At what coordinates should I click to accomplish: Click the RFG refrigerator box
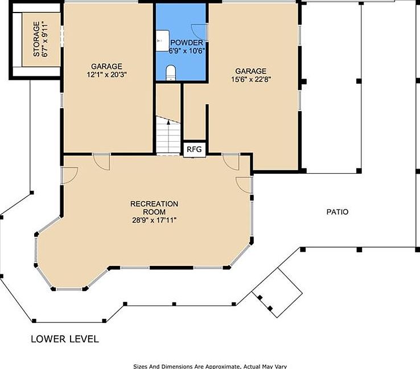194,149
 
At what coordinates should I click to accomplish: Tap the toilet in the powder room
171,73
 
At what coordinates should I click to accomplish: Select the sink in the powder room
163,40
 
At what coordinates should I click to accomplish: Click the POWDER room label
187,43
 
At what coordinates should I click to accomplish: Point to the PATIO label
337,212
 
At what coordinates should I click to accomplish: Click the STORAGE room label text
36,39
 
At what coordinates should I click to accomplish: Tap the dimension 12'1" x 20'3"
106,75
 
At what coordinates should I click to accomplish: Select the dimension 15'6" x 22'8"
251,79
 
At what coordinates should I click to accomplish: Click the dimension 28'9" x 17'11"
154,220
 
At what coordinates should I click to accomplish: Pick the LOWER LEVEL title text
65,339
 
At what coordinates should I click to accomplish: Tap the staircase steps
168,136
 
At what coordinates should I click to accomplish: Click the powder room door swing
199,32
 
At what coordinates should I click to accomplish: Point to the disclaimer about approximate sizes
210,366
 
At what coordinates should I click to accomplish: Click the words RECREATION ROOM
154,208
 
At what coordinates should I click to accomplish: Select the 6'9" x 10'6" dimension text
187,51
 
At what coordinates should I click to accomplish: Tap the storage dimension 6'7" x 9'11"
46,39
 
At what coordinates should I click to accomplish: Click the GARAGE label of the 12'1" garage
106,67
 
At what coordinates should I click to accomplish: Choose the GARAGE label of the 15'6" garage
251,71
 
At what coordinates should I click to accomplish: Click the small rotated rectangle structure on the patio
277,293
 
